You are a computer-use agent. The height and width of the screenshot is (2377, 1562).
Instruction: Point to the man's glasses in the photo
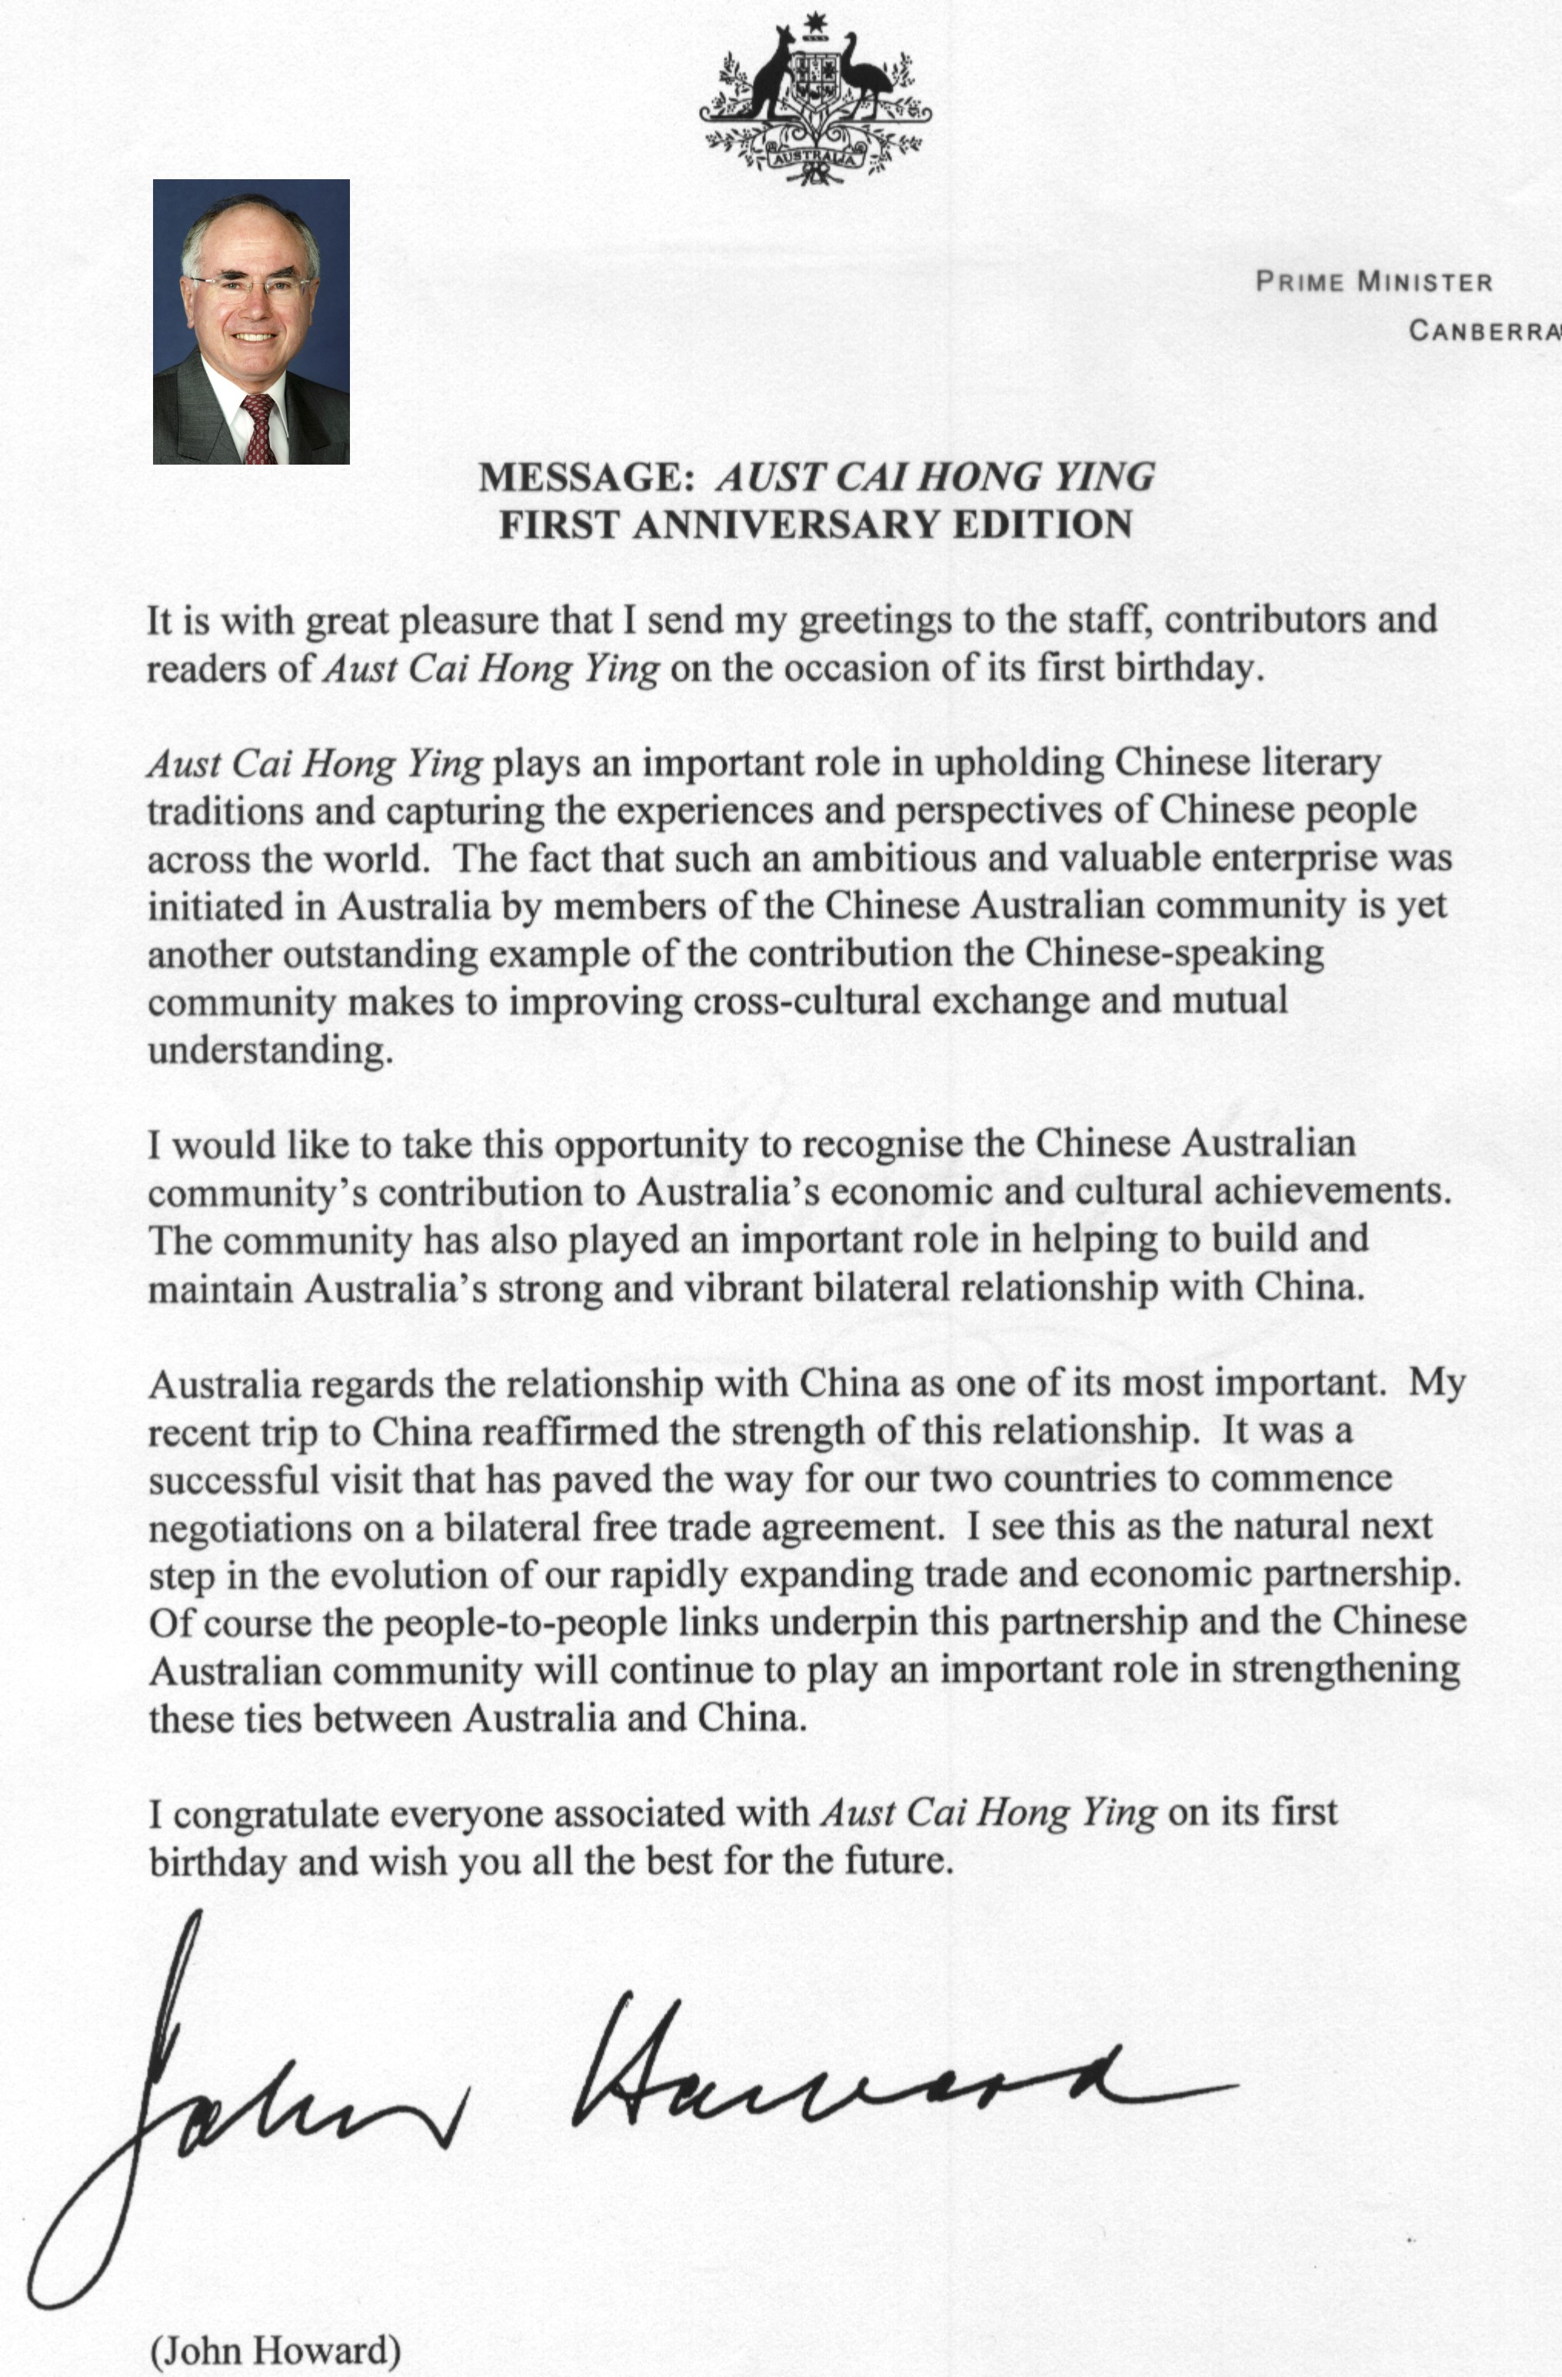point(251,287)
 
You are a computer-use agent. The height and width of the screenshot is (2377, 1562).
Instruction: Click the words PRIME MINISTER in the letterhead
point(1374,282)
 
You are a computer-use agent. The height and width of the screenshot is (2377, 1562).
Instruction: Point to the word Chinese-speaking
point(1174,953)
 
